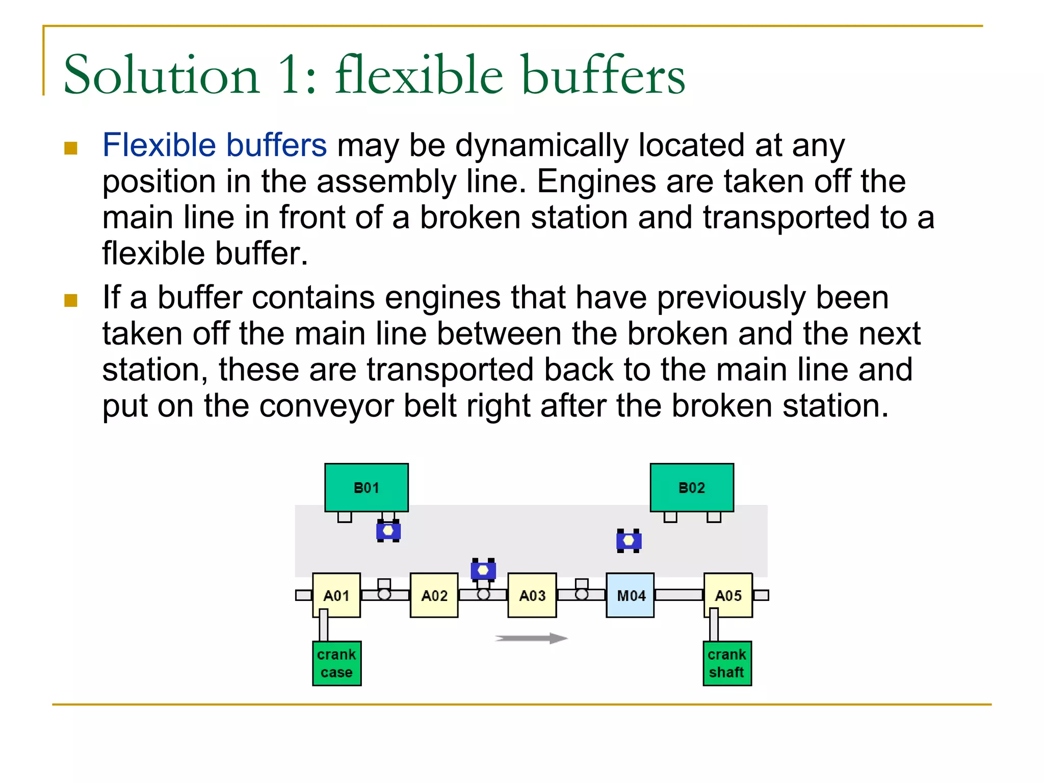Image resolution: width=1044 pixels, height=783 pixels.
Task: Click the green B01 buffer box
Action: click(x=366, y=487)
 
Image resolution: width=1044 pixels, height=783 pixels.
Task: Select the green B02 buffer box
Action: click(x=692, y=487)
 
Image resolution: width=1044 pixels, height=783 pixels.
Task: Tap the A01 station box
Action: click(x=336, y=595)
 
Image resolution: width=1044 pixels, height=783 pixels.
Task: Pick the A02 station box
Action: click(x=434, y=595)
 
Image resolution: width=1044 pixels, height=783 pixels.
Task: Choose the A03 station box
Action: click(x=532, y=595)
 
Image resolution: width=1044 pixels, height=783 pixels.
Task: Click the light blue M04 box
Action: click(x=630, y=595)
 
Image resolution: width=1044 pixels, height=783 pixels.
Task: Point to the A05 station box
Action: click(x=728, y=595)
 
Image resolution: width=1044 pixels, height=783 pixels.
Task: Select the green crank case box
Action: click(x=336, y=663)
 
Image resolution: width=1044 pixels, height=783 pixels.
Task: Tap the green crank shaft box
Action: click(x=727, y=663)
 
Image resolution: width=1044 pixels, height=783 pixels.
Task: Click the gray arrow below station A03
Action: click(x=531, y=638)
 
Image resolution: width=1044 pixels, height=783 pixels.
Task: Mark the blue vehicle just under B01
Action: click(x=388, y=531)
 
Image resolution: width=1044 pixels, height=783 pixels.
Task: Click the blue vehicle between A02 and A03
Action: click(x=483, y=569)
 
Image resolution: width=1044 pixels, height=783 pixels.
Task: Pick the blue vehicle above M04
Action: click(x=629, y=540)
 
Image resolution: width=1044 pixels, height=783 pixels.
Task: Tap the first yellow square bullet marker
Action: click(x=71, y=148)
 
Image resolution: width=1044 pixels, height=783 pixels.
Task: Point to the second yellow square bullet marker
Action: click(x=71, y=300)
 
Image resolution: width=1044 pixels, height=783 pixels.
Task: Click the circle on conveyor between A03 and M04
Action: click(x=581, y=594)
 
